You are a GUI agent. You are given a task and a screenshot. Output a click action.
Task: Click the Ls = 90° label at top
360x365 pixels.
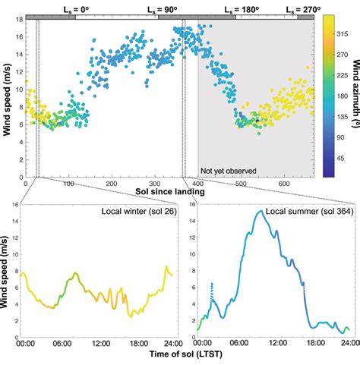163,7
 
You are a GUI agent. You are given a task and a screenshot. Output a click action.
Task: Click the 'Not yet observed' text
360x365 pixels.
228,171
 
